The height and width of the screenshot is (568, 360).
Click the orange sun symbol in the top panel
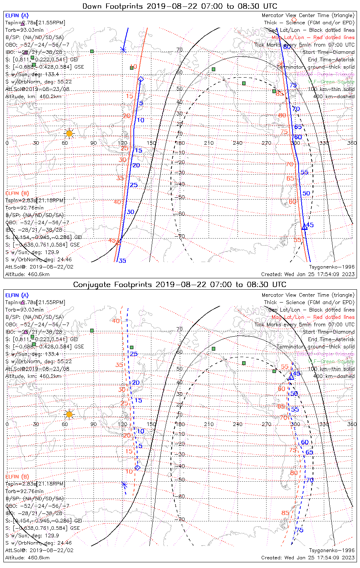[69, 133]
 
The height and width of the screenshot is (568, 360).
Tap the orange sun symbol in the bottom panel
[69, 414]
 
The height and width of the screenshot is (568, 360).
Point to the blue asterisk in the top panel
[123, 50]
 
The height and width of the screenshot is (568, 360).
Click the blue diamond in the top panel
[141, 79]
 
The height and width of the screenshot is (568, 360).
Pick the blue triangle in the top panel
[304, 227]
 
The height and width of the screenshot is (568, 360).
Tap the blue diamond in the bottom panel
[138, 468]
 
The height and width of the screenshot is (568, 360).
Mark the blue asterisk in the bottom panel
[124, 484]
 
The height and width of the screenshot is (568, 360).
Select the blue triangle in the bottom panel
[291, 377]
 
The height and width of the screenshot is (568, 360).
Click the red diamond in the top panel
[294, 19]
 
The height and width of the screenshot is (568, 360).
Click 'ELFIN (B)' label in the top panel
[17, 193]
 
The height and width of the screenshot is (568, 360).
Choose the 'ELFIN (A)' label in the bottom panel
[17, 295]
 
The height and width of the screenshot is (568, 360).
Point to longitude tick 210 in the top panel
[209, 143]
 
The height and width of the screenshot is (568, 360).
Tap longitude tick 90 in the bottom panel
[93, 424]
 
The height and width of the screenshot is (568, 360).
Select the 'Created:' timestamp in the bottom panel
[308, 557]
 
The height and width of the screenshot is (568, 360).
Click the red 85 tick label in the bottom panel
[285, 513]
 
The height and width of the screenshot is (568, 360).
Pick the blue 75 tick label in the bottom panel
[299, 530]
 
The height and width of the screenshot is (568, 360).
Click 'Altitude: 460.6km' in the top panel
[27, 274]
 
